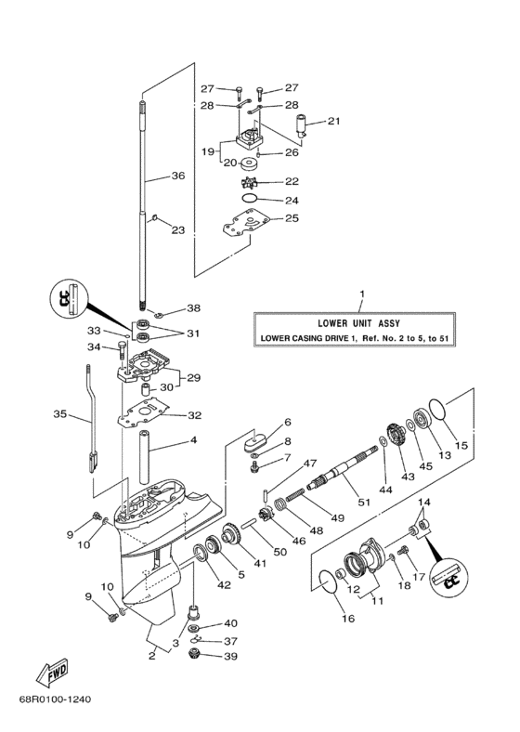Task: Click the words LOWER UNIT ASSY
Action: click(x=362, y=322)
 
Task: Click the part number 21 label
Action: click(x=333, y=121)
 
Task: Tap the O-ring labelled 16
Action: click(x=324, y=582)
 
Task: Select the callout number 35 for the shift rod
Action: click(x=61, y=415)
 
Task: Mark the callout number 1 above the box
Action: click(x=362, y=296)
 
